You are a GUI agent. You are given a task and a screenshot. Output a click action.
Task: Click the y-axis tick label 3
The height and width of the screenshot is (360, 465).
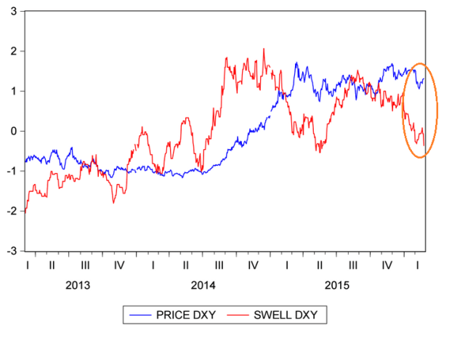pyautogui.click(x=16, y=12)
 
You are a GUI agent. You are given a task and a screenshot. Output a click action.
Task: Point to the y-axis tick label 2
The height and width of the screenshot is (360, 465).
pyautogui.click(x=16, y=52)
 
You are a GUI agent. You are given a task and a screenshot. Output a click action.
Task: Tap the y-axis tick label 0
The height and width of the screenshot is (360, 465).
pyautogui.click(x=16, y=131)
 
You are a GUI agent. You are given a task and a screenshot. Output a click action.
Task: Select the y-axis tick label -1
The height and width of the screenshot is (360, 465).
pyautogui.click(x=14, y=171)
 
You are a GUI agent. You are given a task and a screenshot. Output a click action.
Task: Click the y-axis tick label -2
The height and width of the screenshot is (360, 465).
pyautogui.click(x=14, y=211)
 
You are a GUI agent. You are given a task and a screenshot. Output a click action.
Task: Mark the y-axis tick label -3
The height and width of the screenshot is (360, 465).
pyautogui.click(x=14, y=251)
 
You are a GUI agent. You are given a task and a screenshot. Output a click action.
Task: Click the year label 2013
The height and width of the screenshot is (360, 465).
pyautogui.click(x=78, y=284)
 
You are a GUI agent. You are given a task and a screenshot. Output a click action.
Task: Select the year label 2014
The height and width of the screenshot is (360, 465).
pyautogui.click(x=203, y=284)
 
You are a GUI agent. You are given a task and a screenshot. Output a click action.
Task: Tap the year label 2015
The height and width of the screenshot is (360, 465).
pyautogui.click(x=336, y=284)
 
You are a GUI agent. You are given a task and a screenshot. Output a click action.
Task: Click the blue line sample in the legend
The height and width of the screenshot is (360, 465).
pyautogui.click(x=143, y=315)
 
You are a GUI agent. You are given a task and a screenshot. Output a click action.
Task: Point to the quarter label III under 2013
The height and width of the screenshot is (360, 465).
pyautogui.click(x=85, y=265)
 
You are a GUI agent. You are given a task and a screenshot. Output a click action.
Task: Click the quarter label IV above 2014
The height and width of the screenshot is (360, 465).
pyautogui.click(x=253, y=265)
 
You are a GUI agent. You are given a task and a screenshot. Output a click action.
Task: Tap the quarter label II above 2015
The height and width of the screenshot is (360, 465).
pyautogui.click(x=320, y=265)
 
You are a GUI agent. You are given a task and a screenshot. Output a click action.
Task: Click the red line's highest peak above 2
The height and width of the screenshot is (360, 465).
pyautogui.click(x=264, y=49)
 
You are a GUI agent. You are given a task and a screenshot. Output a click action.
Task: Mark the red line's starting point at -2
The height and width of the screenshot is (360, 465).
pyautogui.click(x=25, y=211)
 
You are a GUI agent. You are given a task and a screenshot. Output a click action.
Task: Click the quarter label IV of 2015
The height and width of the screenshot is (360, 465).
pyautogui.click(x=387, y=265)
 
